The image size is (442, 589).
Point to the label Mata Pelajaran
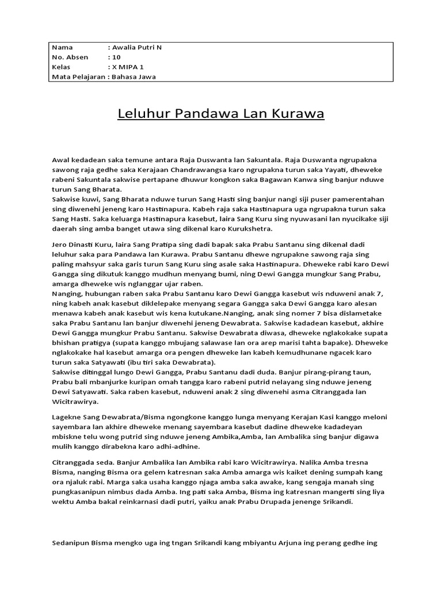pos(78,77)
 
